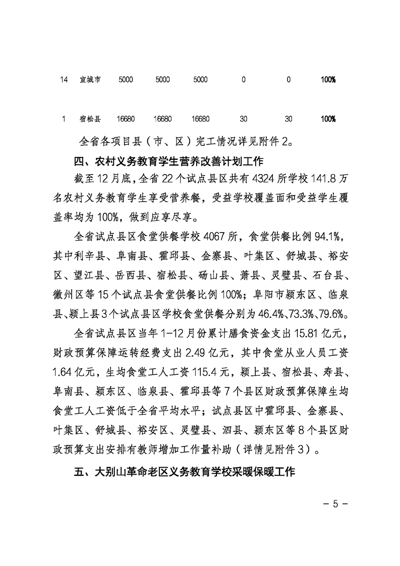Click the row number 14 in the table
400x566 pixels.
(x=63, y=80)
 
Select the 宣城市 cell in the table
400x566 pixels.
(x=90, y=80)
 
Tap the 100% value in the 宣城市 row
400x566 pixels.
(x=328, y=80)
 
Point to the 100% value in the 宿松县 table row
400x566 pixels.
(x=328, y=119)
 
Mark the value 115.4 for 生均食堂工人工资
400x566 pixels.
(x=185, y=371)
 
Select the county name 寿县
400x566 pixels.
(x=332, y=371)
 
